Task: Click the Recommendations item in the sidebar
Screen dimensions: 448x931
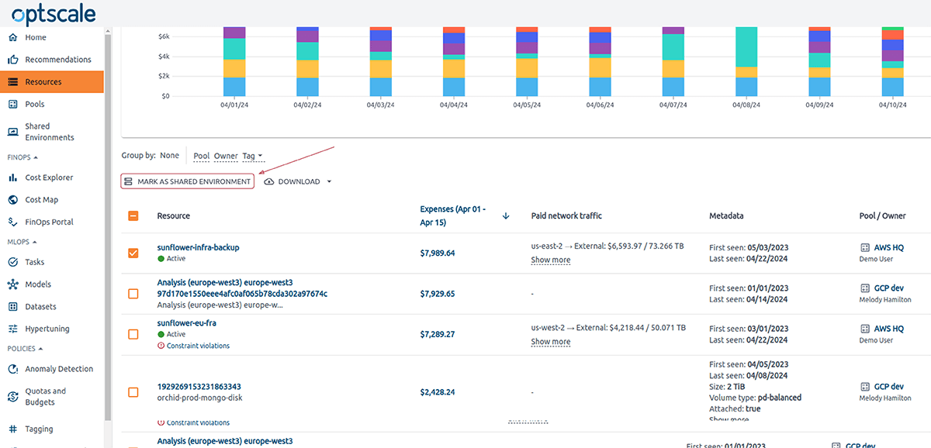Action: tap(57, 60)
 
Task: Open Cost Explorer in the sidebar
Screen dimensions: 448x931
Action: tap(49, 177)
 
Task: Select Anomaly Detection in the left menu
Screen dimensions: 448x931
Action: tap(58, 369)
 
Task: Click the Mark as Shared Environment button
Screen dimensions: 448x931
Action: tap(187, 181)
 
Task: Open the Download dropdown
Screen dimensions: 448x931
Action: tap(299, 181)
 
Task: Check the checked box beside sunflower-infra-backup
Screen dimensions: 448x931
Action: tap(133, 253)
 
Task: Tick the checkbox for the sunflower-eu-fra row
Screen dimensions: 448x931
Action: tap(133, 334)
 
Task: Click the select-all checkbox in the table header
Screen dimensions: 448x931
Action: tap(133, 215)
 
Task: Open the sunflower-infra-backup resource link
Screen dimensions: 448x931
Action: tap(198, 247)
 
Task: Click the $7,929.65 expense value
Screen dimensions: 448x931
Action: tap(438, 294)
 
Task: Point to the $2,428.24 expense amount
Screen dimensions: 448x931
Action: tap(438, 392)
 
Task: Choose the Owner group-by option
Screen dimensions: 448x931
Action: tap(226, 156)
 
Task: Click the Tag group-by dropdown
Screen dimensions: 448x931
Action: tap(252, 156)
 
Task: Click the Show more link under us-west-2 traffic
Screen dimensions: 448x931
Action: tap(550, 342)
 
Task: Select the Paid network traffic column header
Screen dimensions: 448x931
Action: tap(566, 215)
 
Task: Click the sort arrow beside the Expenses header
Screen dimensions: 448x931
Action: tap(506, 215)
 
